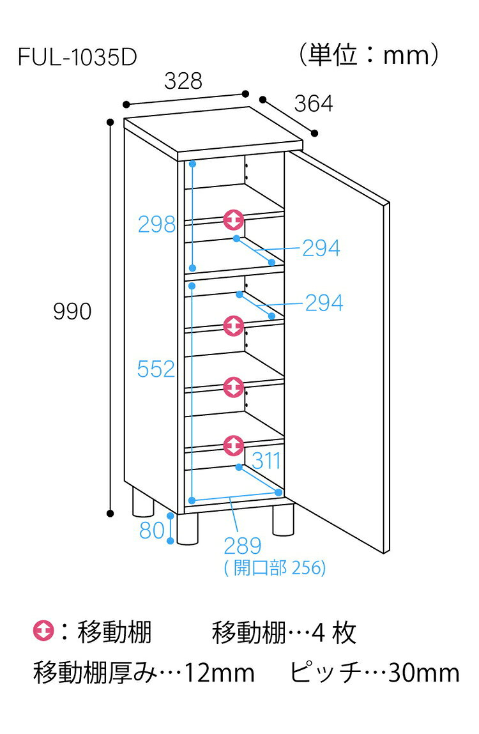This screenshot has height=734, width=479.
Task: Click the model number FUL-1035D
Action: [x=77, y=57]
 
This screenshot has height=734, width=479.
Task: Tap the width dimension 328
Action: [x=183, y=81]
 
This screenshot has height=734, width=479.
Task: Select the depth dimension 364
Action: [x=313, y=103]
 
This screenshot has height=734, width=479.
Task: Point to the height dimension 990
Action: [x=72, y=311]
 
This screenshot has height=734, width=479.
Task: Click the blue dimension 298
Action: [x=157, y=224]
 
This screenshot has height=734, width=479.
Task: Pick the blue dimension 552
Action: [x=156, y=369]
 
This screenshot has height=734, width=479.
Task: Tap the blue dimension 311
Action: [x=266, y=461]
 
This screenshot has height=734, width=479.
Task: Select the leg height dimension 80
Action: [x=152, y=530]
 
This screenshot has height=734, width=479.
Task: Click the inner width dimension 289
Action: [x=243, y=546]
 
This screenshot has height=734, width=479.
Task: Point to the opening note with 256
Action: [x=275, y=568]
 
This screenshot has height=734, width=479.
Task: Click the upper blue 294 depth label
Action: [x=321, y=248]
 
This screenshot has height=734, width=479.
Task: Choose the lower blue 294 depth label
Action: [x=324, y=303]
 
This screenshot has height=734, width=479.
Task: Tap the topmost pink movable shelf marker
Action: [x=233, y=220]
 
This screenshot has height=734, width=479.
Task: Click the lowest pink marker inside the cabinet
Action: [x=233, y=446]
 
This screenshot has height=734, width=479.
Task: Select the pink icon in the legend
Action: [x=43, y=631]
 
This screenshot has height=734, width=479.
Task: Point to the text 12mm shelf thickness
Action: [x=220, y=673]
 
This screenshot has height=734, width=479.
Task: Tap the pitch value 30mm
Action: [x=423, y=673]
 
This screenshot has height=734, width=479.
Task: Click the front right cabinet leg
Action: [x=283, y=519]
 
